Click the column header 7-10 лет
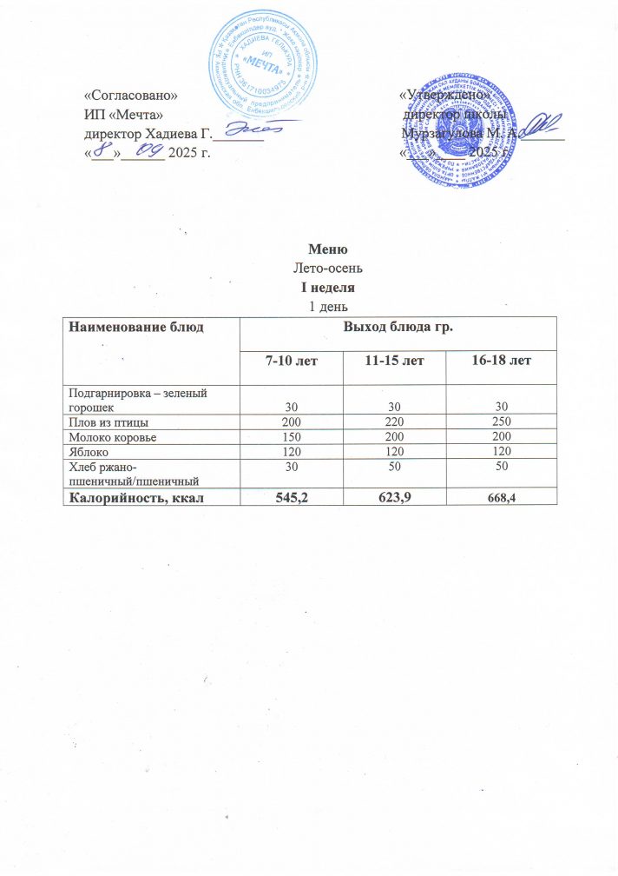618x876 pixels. [x=291, y=360]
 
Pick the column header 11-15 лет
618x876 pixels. [x=394, y=360]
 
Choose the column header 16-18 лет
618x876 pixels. [x=496, y=360]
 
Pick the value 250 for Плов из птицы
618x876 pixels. [x=496, y=421]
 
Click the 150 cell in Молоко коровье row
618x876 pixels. [x=291, y=436]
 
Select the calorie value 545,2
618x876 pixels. [x=291, y=497]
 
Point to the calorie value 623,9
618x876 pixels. [x=394, y=497]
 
